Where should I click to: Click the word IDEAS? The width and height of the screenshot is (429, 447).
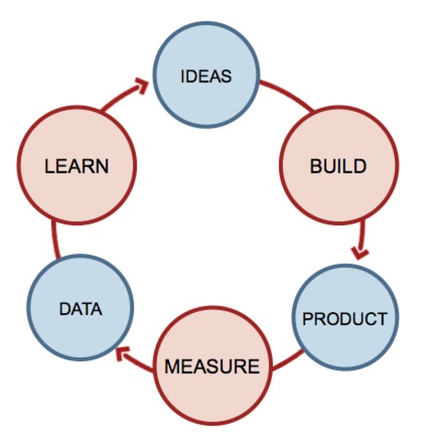coord(206,77)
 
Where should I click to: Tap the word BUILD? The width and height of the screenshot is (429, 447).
coord(338,166)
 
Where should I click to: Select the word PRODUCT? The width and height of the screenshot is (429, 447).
coord(345,319)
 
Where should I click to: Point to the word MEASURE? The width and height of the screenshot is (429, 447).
coord(213,367)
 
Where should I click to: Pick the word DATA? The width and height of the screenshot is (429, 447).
coord(80,309)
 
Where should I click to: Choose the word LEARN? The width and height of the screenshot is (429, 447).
coord(77,166)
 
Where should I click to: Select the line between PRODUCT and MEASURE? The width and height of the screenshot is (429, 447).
coord(288,360)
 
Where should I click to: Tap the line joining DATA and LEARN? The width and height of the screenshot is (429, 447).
coord(55,239)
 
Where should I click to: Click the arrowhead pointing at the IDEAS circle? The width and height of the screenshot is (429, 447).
coord(142,86)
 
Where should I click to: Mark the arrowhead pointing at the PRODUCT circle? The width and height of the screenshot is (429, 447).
coord(360,254)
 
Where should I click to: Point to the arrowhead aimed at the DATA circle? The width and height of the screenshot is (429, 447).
coord(122,354)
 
